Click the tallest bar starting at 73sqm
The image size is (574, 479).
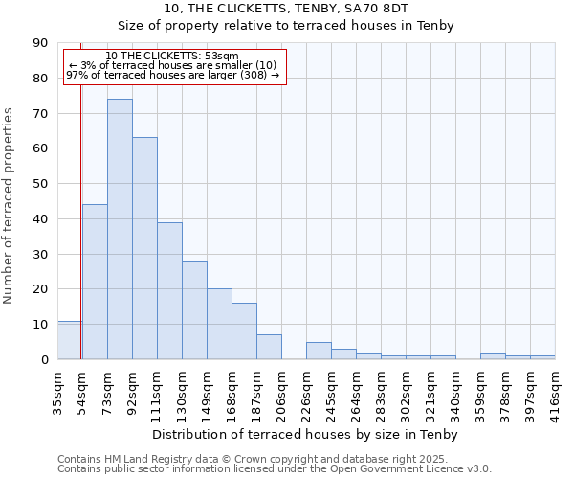click(x=120, y=229)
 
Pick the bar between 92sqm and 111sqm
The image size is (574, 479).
click(x=144, y=248)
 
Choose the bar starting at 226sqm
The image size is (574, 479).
click(x=319, y=351)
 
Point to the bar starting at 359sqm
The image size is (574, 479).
click(x=493, y=355)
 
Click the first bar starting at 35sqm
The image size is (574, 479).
click(x=69, y=340)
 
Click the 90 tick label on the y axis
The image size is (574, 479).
click(x=40, y=43)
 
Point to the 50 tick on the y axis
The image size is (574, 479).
click(x=40, y=184)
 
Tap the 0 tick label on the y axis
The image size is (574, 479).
click(x=44, y=359)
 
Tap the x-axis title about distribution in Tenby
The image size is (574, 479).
click(x=305, y=435)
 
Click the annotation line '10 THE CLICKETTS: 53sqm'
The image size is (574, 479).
click(x=172, y=57)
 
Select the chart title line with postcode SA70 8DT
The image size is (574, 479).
click(x=286, y=9)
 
